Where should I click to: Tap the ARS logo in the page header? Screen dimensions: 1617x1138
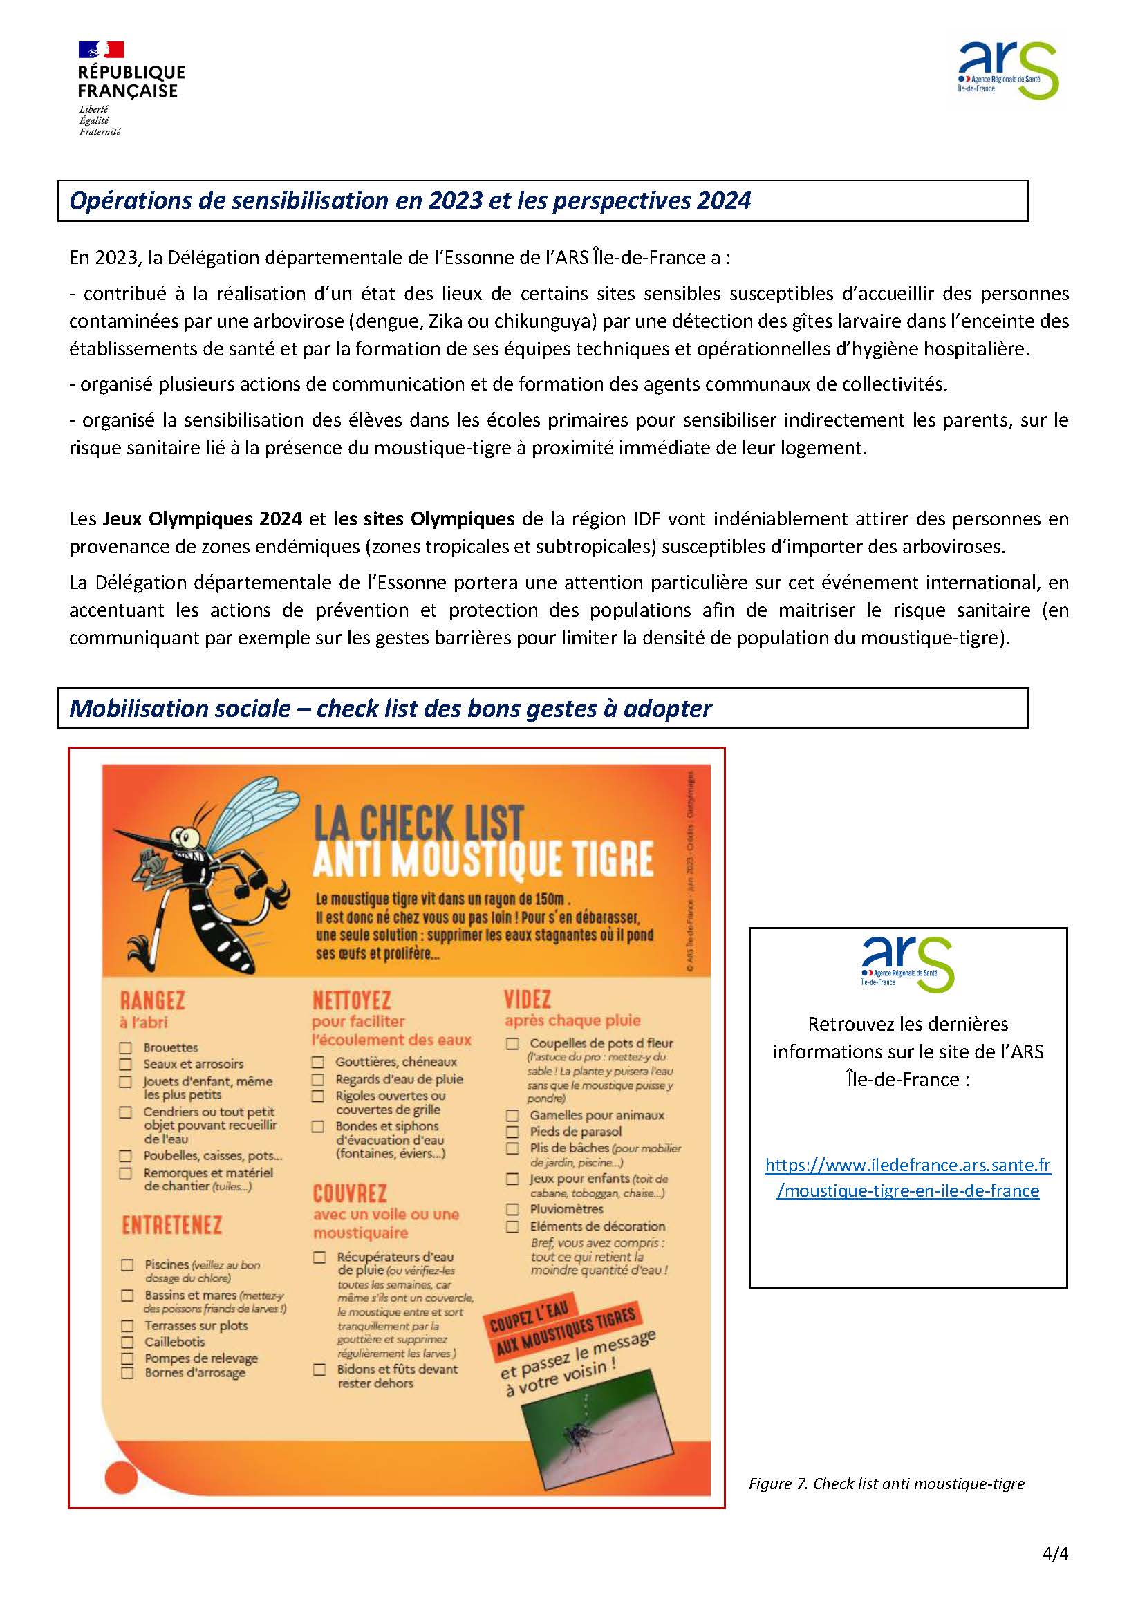point(1009,70)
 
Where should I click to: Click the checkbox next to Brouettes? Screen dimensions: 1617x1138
point(125,1048)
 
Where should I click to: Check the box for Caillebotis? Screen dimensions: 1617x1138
point(127,1343)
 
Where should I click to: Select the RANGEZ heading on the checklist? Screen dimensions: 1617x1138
point(152,1000)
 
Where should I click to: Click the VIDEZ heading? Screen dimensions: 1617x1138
point(528,999)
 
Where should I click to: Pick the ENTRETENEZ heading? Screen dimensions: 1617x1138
point(172,1226)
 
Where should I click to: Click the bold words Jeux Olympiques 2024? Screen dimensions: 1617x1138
point(203,519)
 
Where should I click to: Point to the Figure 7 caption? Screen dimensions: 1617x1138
point(886,1484)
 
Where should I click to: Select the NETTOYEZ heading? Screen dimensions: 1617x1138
point(351,1000)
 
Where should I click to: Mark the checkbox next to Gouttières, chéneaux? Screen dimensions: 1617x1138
point(318,1062)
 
